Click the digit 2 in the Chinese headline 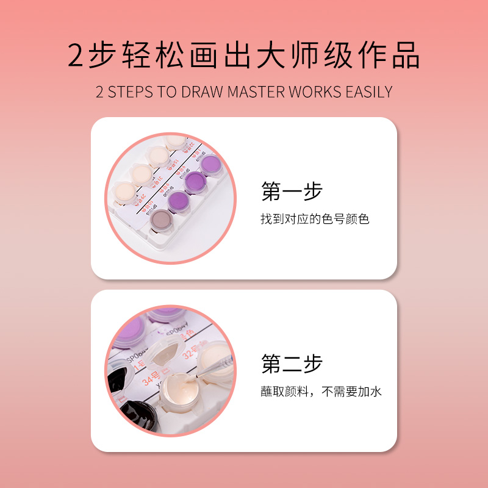pos(78,56)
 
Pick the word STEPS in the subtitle pos(131,92)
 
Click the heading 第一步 pos(292,191)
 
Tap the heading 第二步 pos(292,364)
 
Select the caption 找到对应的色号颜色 pos(315,218)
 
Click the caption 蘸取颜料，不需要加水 pos(321,392)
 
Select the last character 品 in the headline pos(405,56)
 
